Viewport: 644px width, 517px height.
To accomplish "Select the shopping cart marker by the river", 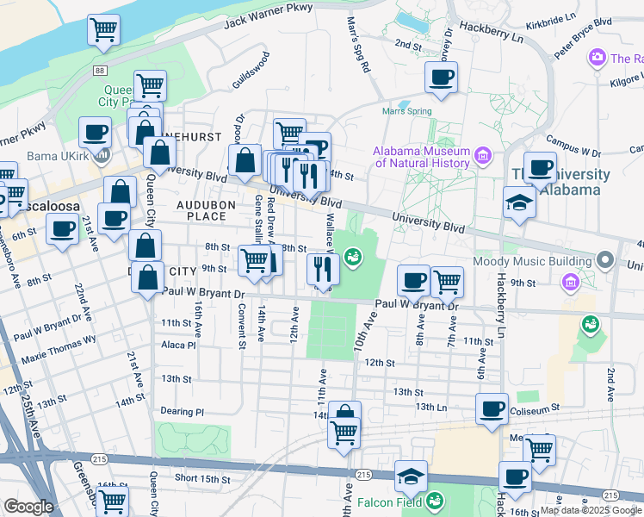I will tap(103, 30).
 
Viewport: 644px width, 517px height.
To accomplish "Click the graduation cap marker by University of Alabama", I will tap(519, 202).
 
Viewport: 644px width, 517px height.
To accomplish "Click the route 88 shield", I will tap(101, 70).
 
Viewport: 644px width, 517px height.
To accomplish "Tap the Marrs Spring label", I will tap(407, 110).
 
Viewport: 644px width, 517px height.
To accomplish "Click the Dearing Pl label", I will tap(182, 412).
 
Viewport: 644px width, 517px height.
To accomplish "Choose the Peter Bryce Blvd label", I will tap(582, 40).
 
